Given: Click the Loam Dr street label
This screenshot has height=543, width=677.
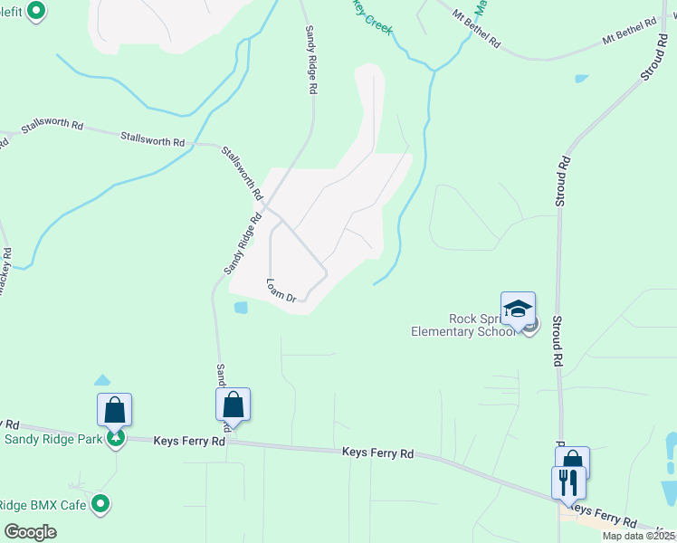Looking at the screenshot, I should coord(281,289).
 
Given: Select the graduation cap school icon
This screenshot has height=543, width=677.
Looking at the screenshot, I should coord(518,310).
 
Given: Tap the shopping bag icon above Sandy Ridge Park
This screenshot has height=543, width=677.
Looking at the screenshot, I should coord(115,410).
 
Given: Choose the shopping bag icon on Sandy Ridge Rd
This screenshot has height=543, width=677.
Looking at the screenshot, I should coord(233,405).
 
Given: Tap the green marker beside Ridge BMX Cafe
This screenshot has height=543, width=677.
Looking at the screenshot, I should coord(101,503).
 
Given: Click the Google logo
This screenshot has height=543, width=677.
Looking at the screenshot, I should coord(30,532).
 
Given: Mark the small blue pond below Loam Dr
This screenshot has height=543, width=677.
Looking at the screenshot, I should coord(240,307).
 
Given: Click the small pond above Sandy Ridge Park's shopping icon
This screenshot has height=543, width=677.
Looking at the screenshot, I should coord(101,381).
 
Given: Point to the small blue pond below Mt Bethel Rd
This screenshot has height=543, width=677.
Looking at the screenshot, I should coord(580,79).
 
